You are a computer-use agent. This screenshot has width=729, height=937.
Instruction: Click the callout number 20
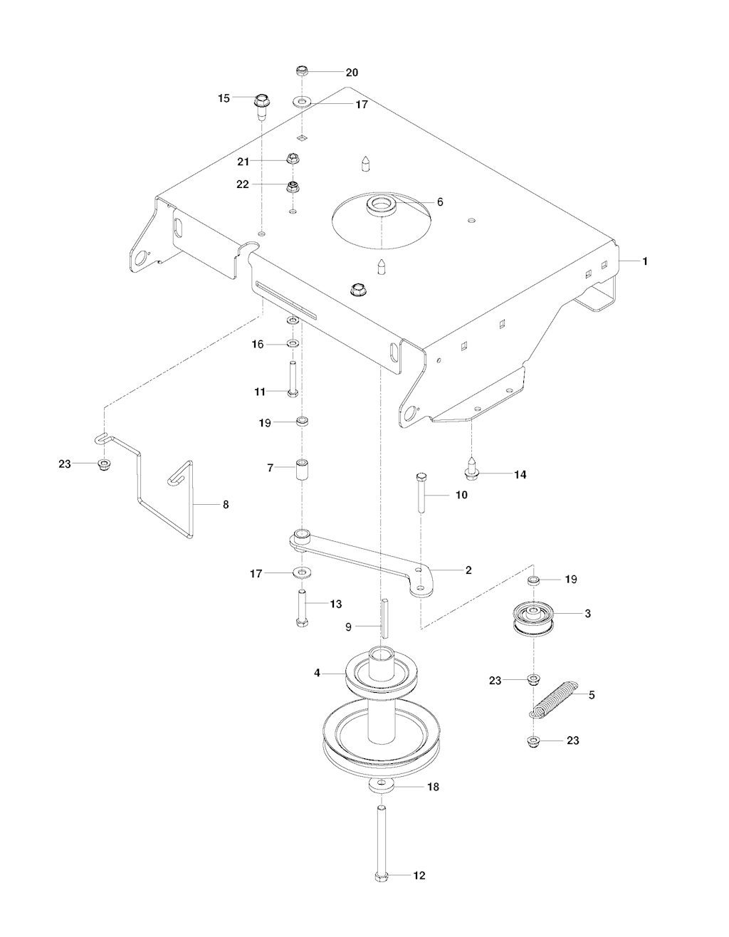click(352, 73)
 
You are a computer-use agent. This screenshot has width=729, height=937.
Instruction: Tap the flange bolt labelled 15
click(261, 106)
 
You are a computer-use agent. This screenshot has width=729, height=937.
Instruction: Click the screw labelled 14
click(471, 468)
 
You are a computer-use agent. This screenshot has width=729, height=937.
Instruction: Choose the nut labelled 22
click(293, 187)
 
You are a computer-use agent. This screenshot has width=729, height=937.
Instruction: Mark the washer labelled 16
click(293, 344)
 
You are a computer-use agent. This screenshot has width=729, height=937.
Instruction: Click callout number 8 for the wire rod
click(226, 505)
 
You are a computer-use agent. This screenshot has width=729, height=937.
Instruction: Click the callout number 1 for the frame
click(645, 261)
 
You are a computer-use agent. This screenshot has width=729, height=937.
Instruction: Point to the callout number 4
click(318, 673)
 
